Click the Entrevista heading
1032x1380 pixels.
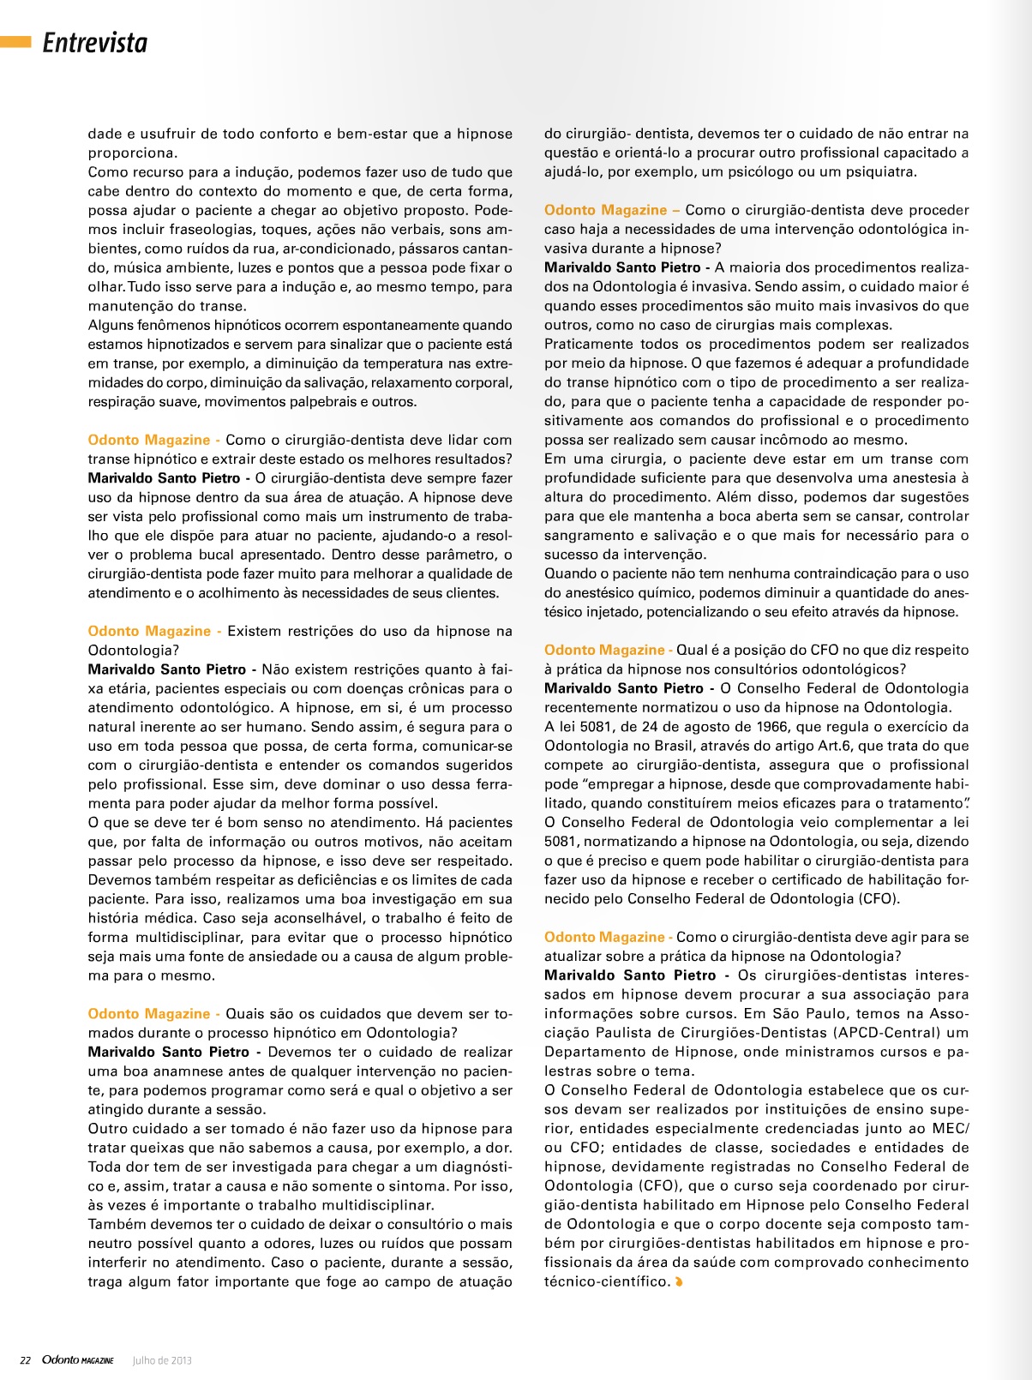point(95,43)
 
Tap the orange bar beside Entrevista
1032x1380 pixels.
point(15,41)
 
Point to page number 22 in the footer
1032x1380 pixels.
point(26,1360)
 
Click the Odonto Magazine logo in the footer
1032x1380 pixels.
point(77,1360)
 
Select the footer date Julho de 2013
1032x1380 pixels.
point(162,1360)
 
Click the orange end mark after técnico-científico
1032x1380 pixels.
point(680,1282)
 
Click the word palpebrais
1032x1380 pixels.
point(335,402)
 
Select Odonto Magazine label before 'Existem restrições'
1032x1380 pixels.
point(149,631)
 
